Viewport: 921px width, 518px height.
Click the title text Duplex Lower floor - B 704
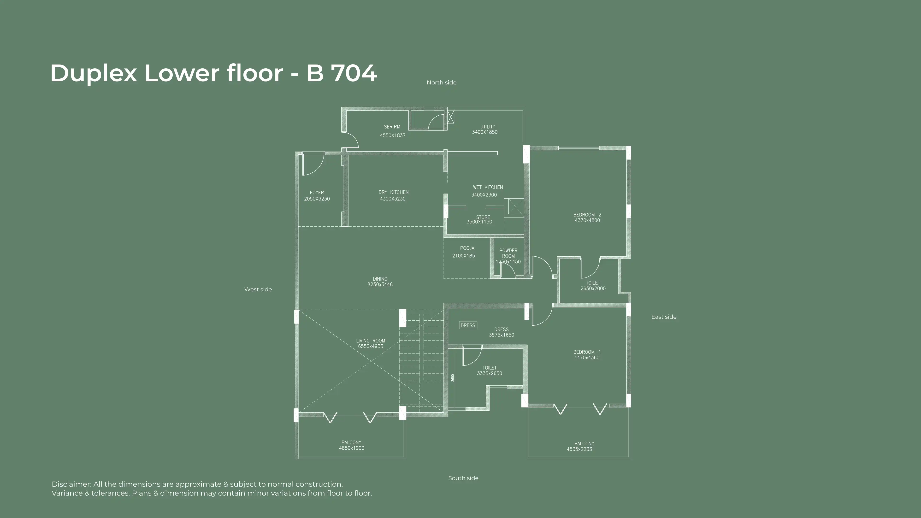tap(214, 73)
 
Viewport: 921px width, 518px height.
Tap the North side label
tap(442, 82)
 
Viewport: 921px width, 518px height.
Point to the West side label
tap(258, 289)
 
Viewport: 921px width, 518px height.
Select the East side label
tap(664, 317)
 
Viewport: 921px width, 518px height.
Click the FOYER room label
tap(317, 193)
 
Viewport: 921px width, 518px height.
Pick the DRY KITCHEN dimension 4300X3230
tap(393, 199)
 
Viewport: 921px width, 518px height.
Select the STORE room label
tap(483, 217)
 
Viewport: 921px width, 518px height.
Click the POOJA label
tap(467, 248)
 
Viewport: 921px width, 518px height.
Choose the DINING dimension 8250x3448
tap(380, 285)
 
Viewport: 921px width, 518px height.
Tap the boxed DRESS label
tap(468, 325)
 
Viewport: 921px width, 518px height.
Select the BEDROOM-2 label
tap(587, 215)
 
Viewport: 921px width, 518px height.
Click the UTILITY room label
tap(488, 127)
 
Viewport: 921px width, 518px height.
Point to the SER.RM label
tap(392, 127)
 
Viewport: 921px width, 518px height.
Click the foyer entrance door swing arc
tap(319, 168)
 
